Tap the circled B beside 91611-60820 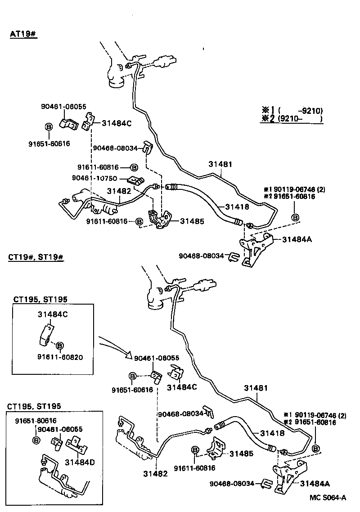(60, 345)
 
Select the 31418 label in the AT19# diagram (237, 207)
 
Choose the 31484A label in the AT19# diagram (297, 240)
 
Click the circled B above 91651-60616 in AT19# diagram (49, 127)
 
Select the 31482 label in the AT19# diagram (119, 191)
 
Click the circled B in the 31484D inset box (36, 439)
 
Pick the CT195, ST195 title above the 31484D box (34, 406)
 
